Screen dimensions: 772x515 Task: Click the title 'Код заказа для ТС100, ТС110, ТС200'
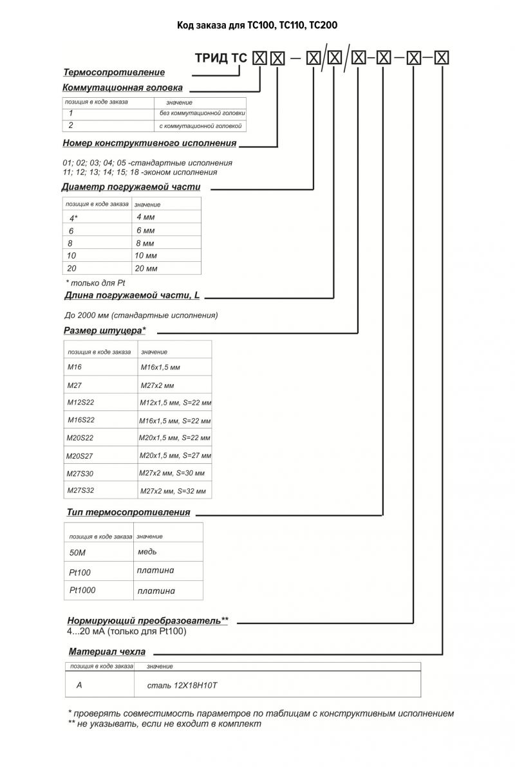[257, 25]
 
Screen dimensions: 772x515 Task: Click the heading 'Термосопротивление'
[114, 72]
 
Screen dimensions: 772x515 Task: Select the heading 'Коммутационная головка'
[122, 87]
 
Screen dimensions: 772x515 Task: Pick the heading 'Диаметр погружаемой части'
[131, 187]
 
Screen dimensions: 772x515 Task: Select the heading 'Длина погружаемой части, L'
[133, 296]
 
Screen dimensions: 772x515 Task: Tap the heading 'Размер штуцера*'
[105, 331]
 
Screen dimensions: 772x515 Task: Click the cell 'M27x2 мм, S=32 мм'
[173, 492]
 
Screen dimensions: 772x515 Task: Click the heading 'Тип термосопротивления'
[129, 513]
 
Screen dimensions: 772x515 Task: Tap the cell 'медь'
[147, 552]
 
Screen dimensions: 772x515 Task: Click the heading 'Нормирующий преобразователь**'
[148, 621]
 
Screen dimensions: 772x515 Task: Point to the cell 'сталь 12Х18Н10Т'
[183, 686]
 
